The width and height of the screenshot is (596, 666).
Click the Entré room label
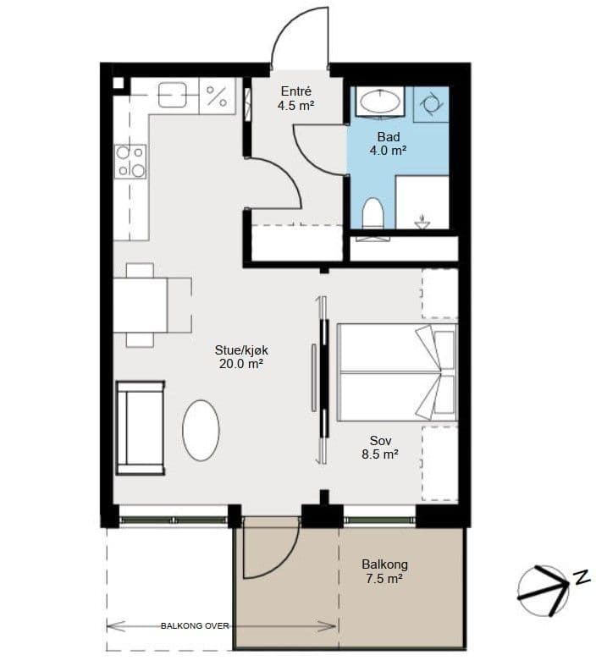296,91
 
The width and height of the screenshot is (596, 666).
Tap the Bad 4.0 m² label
389,144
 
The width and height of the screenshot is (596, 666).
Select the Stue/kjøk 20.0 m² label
241,357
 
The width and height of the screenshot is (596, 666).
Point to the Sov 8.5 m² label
380,448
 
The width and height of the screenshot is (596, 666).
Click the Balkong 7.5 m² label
384,571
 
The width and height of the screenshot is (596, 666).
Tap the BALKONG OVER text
195,626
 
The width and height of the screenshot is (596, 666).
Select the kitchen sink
172,95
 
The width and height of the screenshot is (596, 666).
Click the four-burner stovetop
130,162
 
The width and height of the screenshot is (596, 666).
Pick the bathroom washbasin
380,102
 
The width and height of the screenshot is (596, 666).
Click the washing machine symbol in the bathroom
431,104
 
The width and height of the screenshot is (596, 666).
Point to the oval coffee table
201,430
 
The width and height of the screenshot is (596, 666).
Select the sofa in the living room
141,427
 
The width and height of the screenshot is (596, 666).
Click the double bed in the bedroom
397,372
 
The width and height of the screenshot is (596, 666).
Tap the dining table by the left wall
141,305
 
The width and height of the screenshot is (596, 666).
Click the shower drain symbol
422,221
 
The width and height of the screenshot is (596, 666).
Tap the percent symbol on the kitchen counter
217,96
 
